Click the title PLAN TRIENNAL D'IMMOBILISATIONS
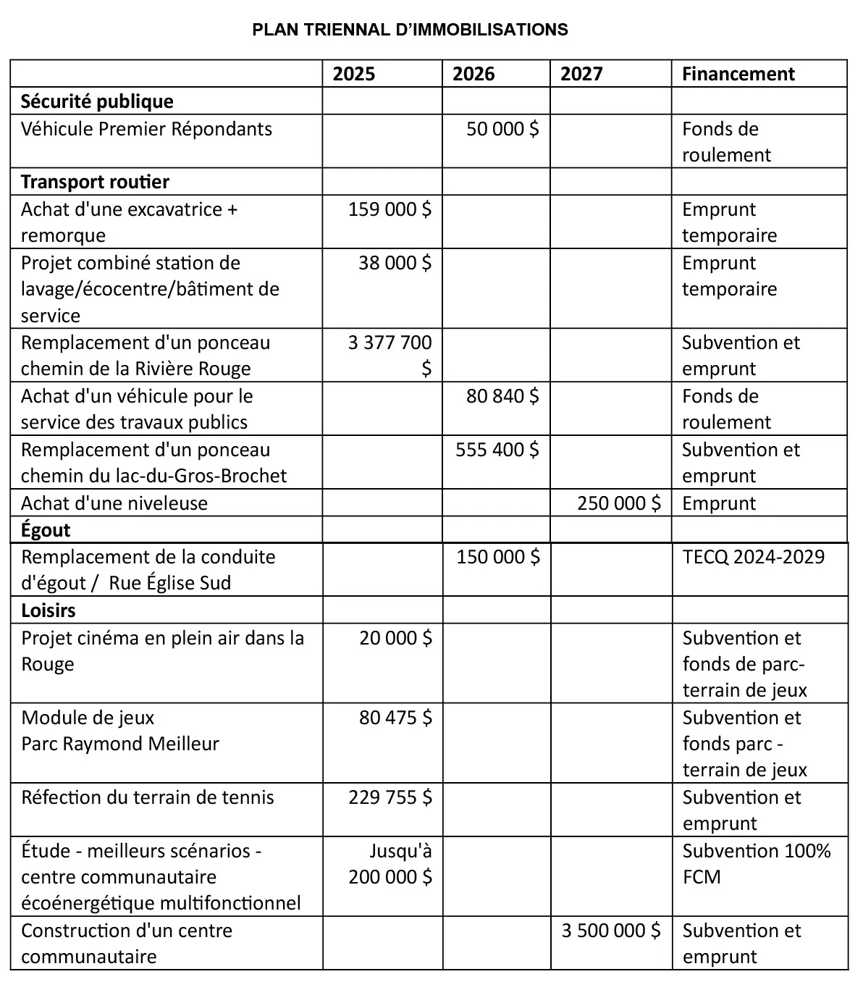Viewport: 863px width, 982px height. (410, 30)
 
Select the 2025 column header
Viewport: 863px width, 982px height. (354, 74)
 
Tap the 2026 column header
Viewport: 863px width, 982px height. (473, 74)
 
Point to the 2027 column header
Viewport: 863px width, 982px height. (581, 74)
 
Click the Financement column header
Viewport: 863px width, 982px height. (738, 74)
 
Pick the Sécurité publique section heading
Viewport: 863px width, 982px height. (97, 101)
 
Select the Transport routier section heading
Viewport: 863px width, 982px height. (95, 182)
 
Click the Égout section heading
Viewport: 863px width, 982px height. (46, 530)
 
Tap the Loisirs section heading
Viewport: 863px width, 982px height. (48, 610)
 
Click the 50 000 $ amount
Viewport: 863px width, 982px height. (502, 129)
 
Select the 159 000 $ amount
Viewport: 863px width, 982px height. (390, 209)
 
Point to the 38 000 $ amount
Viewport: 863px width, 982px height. (395, 263)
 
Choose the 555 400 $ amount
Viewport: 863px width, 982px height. (497, 450)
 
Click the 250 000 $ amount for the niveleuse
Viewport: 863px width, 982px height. (619, 503)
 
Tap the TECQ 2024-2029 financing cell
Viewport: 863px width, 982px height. (753, 557)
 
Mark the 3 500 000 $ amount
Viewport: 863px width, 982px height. (611, 931)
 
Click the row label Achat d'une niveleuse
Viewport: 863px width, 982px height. (114, 503)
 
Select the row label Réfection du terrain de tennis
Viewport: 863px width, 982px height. (148, 797)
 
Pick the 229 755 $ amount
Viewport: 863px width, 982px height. (390, 797)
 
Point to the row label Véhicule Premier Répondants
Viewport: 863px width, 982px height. (146, 129)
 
